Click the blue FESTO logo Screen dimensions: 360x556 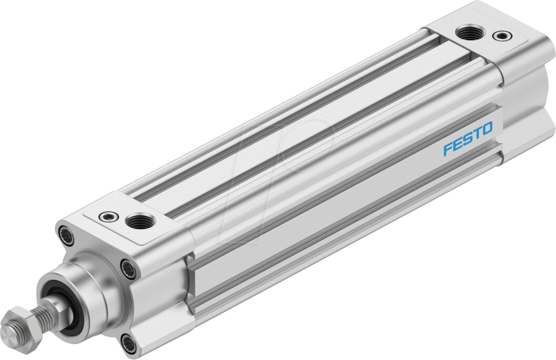pos(467,139)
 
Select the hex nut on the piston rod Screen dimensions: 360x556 pos(21,321)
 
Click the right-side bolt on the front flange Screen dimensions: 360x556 pos(128,270)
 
